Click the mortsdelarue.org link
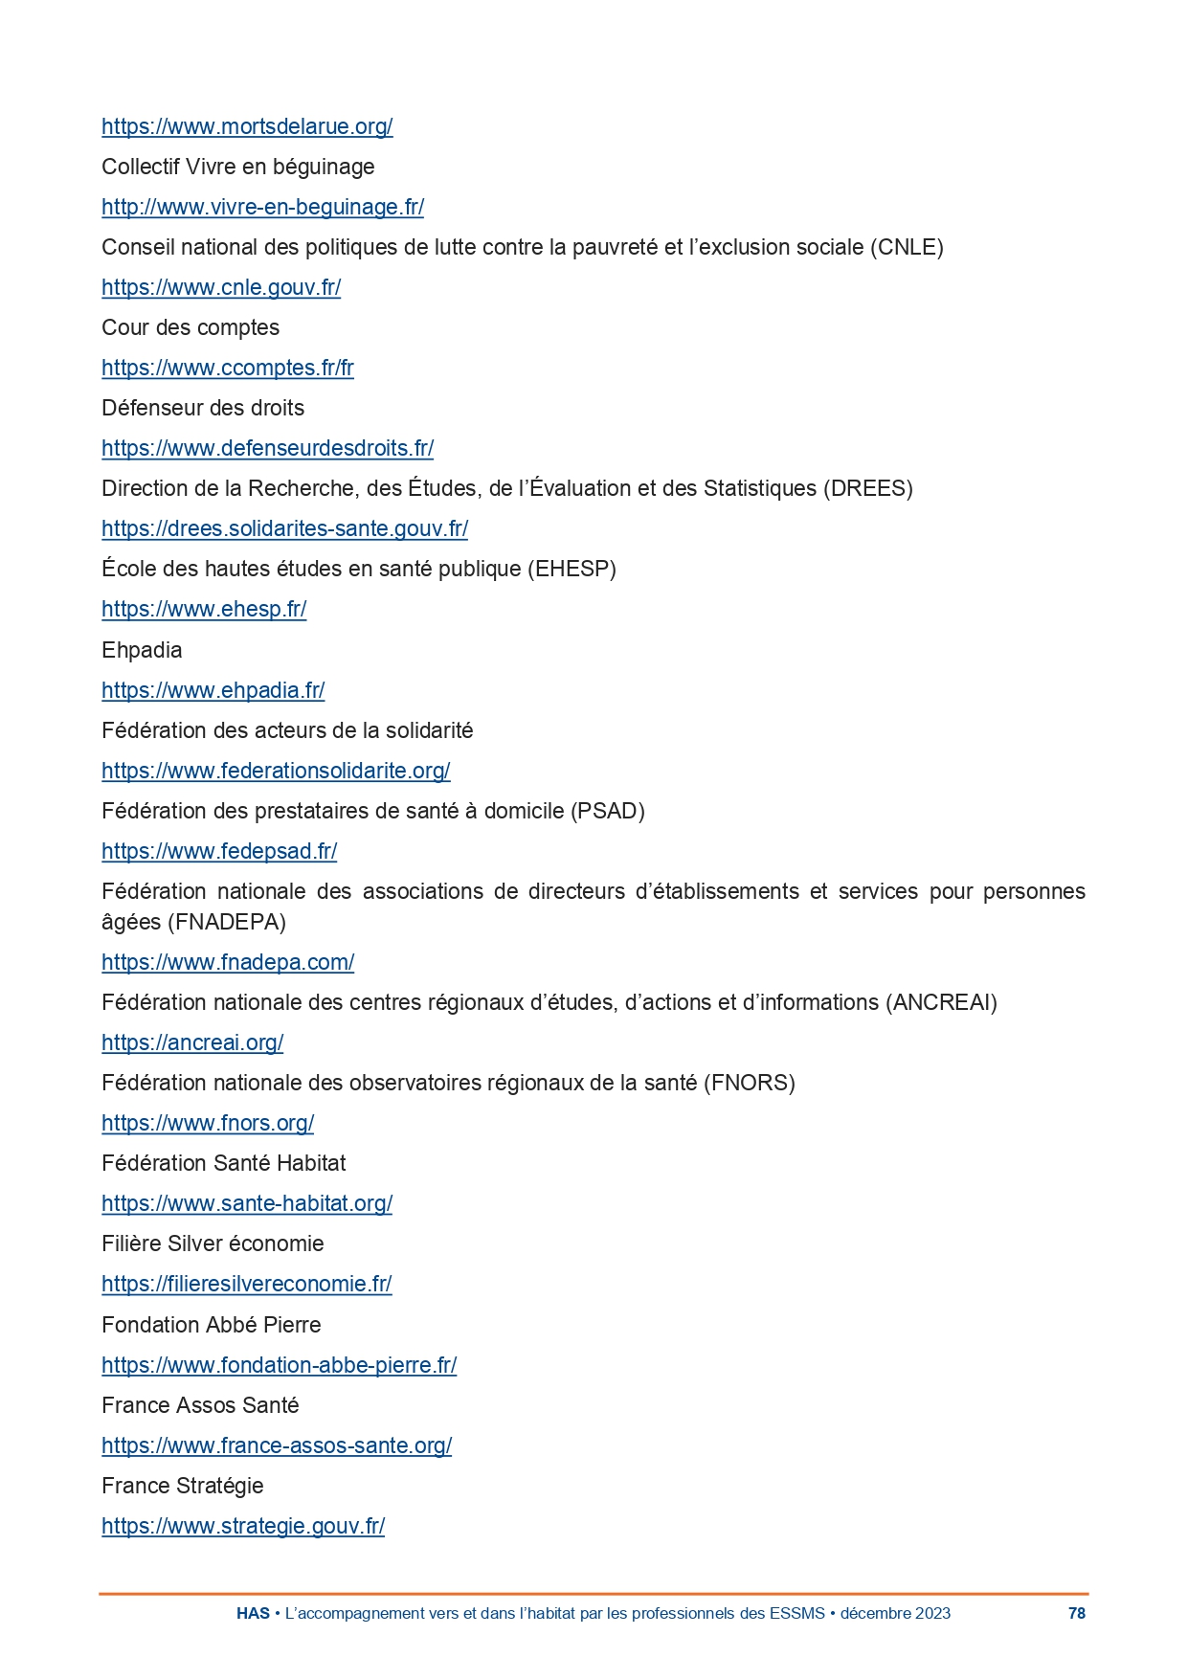click(x=247, y=126)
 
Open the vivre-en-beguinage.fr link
click(x=262, y=207)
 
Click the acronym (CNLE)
click(x=907, y=247)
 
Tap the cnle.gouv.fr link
click(x=221, y=287)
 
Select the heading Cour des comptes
click(x=191, y=327)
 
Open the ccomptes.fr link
click(x=228, y=368)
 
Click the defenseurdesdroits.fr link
click(x=267, y=448)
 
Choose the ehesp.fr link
click(x=204, y=609)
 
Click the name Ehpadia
click(x=142, y=650)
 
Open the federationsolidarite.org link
click(x=276, y=771)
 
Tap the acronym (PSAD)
click(x=608, y=811)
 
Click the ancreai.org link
click(x=192, y=1042)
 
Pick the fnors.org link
click(x=208, y=1123)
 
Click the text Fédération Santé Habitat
click(x=224, y=1163)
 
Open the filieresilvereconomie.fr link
click(x=247, y=1284)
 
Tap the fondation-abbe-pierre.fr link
click(x=279, y=1365)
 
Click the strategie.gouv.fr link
click(x=243, y=1526)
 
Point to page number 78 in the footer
click(x=1077, y=1613)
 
